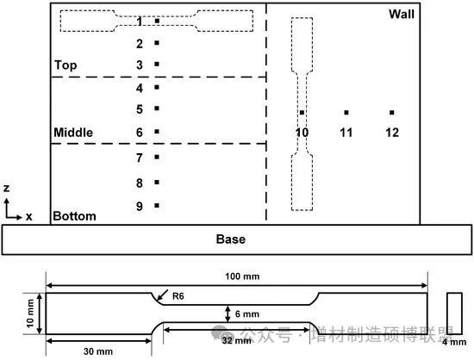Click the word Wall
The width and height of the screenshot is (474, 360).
[x=402, y=14]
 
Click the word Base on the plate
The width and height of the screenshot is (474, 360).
[x=231, y=239]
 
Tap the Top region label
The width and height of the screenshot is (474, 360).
[x=65, y=65]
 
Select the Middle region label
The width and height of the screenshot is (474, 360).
[x=73, y=133]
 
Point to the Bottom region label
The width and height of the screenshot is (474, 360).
[x=74, y=216]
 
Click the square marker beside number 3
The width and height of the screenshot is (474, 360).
[x=157, y=64]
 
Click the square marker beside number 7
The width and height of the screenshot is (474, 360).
[x=157, y=157]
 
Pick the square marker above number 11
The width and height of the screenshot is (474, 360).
[x=346, y=112]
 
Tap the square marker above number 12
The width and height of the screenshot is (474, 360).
[x=392, y=112]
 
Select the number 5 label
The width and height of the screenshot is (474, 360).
[x=140, y=109]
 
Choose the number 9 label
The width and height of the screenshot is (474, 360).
[x=140, y=207]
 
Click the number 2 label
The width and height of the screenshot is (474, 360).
[x=140, y=44]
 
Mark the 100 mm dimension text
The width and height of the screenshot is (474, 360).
[x=242, y=276]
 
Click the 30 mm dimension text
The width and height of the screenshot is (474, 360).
[x=98, y=351]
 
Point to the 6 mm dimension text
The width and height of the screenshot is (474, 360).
[x=247, y=314]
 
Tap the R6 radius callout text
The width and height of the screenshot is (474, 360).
[x=178, y=296]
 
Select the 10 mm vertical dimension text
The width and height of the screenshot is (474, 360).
[x=30, y=313]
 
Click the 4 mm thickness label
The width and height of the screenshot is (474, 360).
[x=454, y=342]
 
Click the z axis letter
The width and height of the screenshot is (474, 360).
[x=6, y=188]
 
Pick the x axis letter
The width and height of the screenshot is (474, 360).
[x=28, y=216]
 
